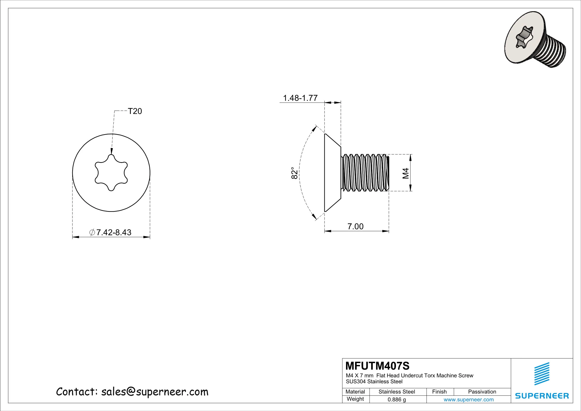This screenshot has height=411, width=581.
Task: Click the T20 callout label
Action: point(135,111)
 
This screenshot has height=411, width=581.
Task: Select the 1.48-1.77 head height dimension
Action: point(300,98)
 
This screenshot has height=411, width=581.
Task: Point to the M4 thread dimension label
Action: point(405,173)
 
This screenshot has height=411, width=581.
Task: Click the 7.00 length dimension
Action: point(355,227)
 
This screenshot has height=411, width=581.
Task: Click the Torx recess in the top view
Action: point(111,173)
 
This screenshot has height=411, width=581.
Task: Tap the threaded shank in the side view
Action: point(365,173)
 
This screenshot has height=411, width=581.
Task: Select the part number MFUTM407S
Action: point(378,366)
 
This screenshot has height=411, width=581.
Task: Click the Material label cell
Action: point(355,392)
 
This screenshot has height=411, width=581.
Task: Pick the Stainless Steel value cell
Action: point(397,392)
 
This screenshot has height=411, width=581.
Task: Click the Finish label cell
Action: point(439,392)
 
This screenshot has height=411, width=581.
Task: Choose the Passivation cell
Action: point(482,392)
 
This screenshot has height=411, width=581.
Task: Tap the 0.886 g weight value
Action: point(397,400)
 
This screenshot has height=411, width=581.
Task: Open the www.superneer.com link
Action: point(468,400)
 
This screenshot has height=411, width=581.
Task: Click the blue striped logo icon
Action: point(542,374)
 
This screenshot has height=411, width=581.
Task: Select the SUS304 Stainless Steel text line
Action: point(374,381)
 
